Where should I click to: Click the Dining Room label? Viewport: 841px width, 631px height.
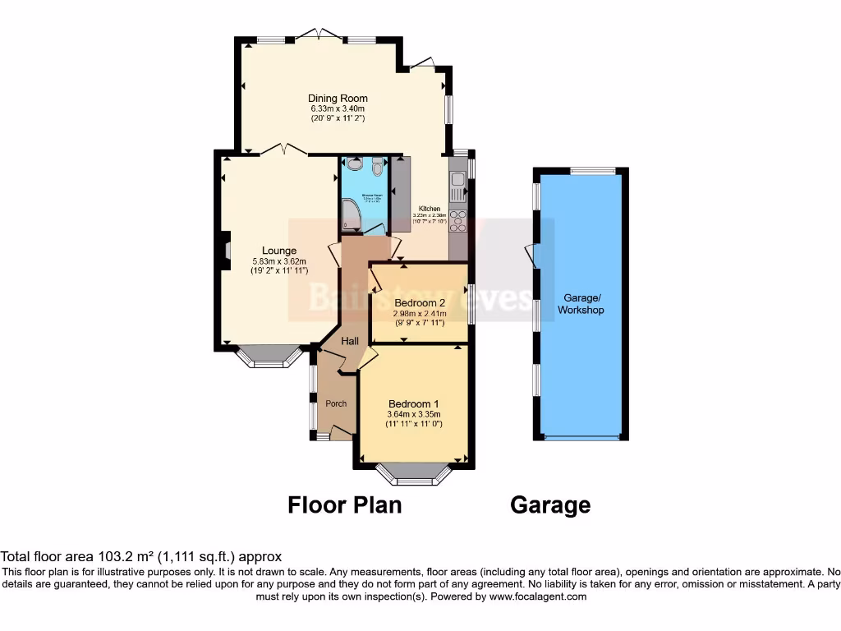tap(338, 99)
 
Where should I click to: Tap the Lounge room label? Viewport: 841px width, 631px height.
tap(279, 251)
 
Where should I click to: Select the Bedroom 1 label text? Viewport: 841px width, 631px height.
tap(413, 403)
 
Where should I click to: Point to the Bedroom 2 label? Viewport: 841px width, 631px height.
tap(419, 302)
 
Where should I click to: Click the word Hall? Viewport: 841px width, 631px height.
tap(350, 340)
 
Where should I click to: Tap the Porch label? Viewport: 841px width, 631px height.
tap(336, 403)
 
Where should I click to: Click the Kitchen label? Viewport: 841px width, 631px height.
tap(430, 209)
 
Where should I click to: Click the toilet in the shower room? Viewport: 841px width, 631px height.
tap(377, 167)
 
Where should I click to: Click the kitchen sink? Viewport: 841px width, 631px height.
tap(457, 187)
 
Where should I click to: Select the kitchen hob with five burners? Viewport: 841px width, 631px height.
tap(457, 221)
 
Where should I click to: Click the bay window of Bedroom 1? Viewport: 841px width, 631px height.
tap(413, 474)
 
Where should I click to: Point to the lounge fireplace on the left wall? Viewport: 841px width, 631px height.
tap(223, 251)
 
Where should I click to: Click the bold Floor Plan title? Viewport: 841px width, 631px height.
tap(344, 504)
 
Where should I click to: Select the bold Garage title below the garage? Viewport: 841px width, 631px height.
tap(549, 504)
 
